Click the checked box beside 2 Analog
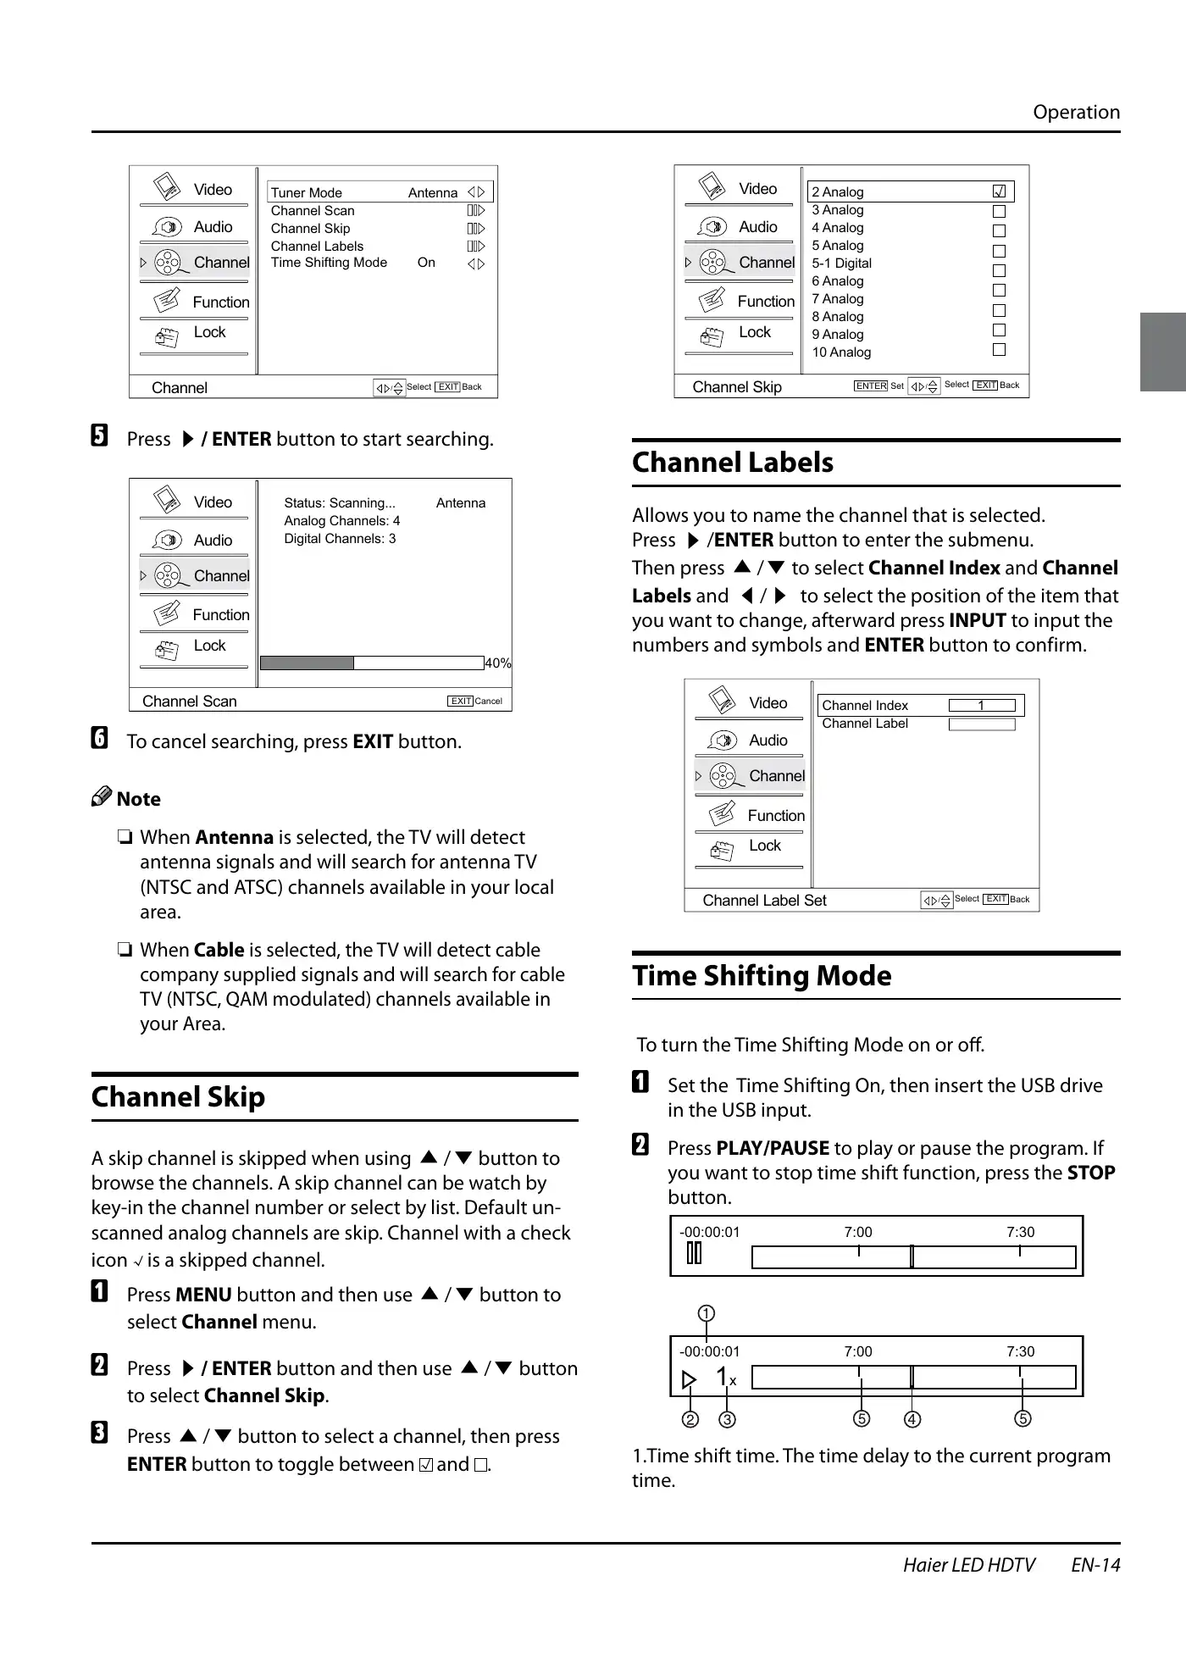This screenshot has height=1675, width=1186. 999,191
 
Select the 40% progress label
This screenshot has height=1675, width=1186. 498,663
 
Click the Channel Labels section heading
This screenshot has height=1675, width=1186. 733,463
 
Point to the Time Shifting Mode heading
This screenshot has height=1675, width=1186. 762,976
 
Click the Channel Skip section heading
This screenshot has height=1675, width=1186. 178,1097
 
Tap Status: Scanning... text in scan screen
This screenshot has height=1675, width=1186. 340,503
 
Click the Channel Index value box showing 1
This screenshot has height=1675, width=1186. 982,706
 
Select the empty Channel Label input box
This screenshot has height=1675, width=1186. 982,724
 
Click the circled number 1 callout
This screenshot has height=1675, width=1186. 707,1314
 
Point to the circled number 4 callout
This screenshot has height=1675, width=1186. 912,1419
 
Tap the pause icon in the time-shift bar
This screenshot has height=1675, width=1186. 694,1253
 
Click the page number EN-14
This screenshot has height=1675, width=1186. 1095,1565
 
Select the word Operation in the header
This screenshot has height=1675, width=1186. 1076,113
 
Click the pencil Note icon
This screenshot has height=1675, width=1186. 102,797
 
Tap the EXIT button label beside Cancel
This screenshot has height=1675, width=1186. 461,702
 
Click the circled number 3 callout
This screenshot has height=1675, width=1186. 728,1419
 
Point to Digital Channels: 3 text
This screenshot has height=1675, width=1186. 340,539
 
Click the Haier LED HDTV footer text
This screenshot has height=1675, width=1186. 969,1565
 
